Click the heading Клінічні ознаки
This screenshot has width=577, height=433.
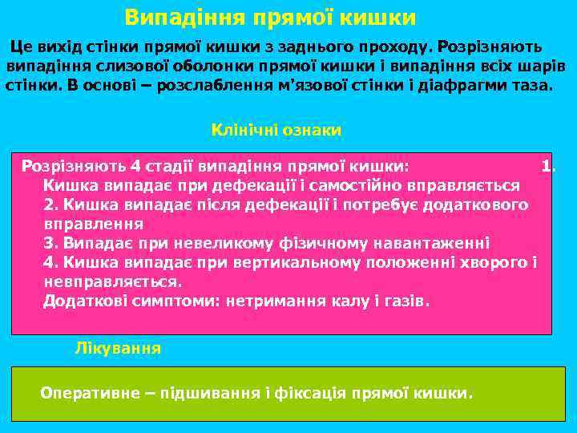click(276, 129)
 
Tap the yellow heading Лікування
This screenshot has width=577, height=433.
click(118, 348)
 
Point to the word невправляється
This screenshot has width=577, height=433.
click(112, 281)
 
